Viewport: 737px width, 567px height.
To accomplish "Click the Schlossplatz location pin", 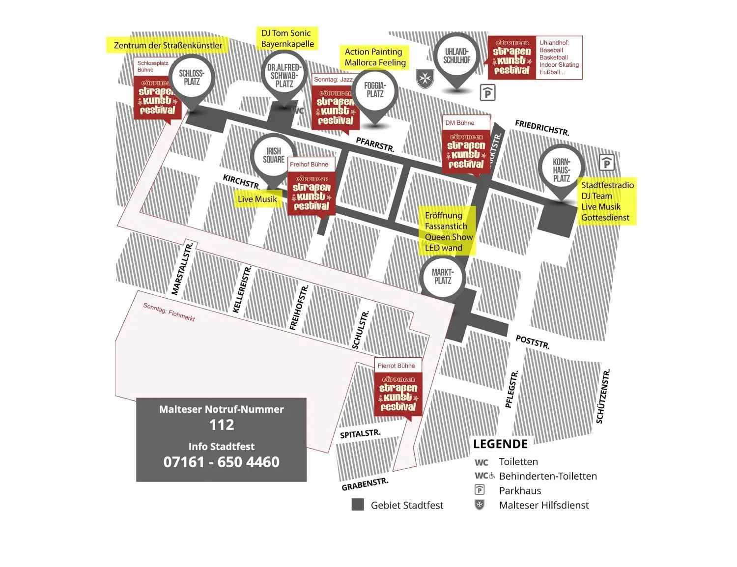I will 192,78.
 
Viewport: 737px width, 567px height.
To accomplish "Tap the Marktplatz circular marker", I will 443,277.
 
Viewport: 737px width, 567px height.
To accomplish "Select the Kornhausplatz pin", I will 561,170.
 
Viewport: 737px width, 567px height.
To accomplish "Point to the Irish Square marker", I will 274,155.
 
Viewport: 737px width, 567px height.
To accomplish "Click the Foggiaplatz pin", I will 375,90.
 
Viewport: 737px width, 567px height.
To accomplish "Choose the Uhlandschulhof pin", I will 457,56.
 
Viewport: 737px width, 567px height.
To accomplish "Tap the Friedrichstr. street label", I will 542,128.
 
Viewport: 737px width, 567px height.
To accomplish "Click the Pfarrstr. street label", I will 375,144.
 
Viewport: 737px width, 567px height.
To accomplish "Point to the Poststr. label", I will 533,341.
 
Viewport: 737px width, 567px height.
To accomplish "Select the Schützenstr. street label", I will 603,396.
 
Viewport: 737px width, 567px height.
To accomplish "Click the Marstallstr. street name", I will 182,269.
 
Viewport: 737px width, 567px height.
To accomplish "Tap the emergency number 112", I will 222,425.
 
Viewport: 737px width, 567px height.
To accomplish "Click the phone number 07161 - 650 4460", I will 222,462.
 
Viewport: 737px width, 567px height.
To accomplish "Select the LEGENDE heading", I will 500,444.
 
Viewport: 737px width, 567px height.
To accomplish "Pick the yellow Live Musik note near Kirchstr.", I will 257,199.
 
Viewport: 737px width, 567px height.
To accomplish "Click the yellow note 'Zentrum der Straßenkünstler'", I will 168,45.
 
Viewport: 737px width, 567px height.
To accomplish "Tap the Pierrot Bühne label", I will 396,366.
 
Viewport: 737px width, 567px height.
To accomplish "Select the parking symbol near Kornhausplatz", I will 607,162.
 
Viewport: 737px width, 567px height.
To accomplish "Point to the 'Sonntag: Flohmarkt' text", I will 169,312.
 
